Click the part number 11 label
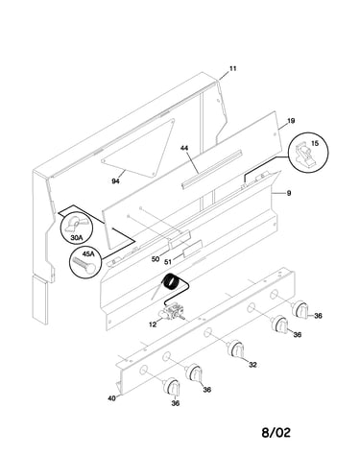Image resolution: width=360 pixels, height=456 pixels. pos(233,69)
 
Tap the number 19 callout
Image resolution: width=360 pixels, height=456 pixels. pos(291,121)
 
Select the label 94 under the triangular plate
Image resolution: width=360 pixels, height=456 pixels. pos(115,181)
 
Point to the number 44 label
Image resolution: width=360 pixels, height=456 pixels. pos(184,148)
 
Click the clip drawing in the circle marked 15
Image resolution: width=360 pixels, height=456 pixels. pos(304,156)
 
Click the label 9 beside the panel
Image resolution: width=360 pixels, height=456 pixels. pos(289,193)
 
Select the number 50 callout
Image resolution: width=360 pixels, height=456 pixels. pos(156,259)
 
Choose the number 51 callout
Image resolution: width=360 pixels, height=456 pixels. pos(168,262)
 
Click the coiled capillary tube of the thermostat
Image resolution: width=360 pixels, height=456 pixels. pos(170,281)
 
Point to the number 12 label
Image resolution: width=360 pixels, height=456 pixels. pos(153,324)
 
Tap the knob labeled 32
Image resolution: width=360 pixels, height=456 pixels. pos(236,349)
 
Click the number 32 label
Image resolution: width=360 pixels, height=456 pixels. pos(252,365)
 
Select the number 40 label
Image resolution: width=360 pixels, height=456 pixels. pos(111,398)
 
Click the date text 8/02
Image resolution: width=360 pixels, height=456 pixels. pos(276,433)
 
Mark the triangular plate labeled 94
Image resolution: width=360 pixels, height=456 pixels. pos(141,147)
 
